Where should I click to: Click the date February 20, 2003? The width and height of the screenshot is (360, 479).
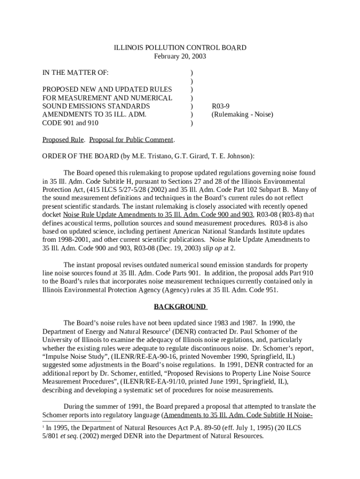point(180,56)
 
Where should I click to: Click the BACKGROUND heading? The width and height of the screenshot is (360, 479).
point(180,307)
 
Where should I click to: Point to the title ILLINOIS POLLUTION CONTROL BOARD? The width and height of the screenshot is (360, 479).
point(180,48)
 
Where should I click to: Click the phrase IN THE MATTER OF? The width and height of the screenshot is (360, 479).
point(75,73)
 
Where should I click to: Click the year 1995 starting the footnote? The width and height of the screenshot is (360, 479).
point(64,428)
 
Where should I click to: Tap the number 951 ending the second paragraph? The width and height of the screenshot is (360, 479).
point(272,290)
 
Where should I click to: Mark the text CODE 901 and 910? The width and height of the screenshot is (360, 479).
point(70,123)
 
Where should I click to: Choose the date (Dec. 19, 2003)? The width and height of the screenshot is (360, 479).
point(167,248)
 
